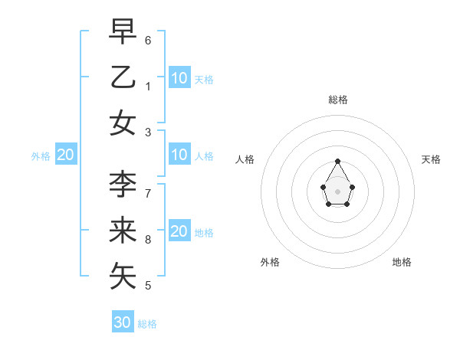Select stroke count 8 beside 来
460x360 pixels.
pyautogui.click(x=148, y=240)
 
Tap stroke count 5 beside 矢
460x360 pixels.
pyautogui.click(x=148, y=286)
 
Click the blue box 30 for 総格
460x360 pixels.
pyautogui.click(x=123, y=322)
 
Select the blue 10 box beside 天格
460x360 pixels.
pyautogui.click(x=179, y=77)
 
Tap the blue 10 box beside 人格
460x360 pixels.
pyautogui.click(x=179, y=155)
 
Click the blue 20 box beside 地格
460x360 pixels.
pyautogui.click(x=179, y=232)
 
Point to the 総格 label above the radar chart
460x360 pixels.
pyautogui.click(x=337, y=100)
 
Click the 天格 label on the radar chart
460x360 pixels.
pyautogui.click(x=431, y=159)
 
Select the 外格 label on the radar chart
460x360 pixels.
pyautogui.click(x=270, y=262)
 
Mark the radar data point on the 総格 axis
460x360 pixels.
pyautogui.click(x=337, y=161)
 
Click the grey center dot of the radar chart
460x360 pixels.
pyautogui.click(x=337, y=191)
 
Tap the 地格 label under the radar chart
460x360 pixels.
pyautogui.click(x=402, y=262)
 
